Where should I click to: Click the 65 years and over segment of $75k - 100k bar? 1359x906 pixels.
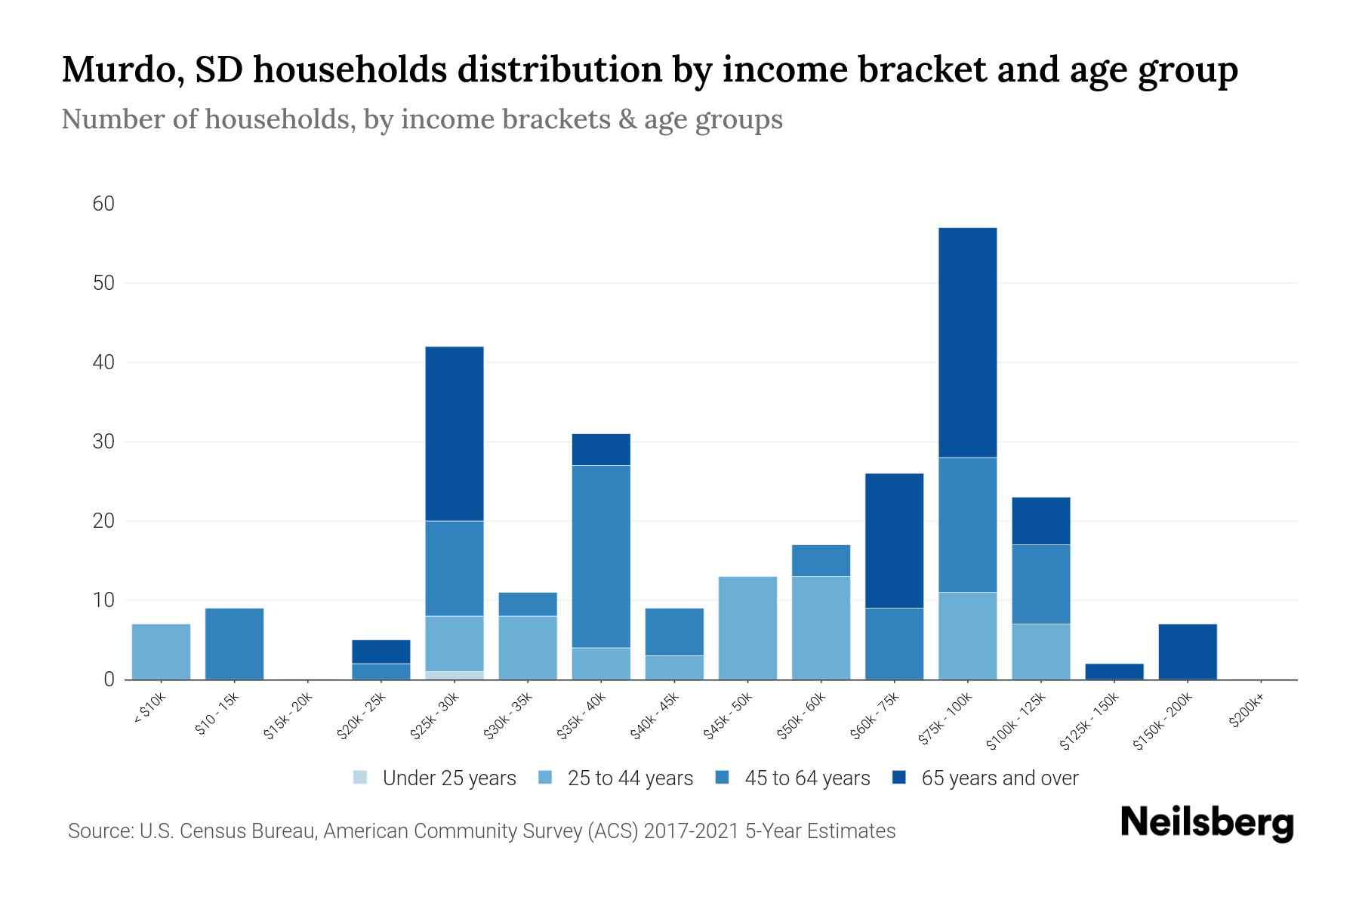(967, 342)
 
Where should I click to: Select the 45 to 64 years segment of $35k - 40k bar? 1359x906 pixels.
(601, 556)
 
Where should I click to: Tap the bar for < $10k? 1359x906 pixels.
(161, 652)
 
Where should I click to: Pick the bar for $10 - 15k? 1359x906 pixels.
(234, 643)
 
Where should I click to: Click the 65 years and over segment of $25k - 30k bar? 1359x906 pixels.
(455, 433)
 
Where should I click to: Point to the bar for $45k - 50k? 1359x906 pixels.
(747, 627)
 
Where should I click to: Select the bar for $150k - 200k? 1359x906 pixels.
(1188, 652)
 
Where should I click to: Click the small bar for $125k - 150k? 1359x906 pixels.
(1114, 671)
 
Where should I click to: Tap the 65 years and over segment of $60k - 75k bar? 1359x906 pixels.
(894, 541)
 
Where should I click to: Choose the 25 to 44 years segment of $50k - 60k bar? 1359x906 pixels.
(821, 627)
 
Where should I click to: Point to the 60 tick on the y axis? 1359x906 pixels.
(103, 204)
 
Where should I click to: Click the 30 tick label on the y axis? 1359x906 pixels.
(103, 442)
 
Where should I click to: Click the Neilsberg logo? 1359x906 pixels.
(1206, 822)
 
